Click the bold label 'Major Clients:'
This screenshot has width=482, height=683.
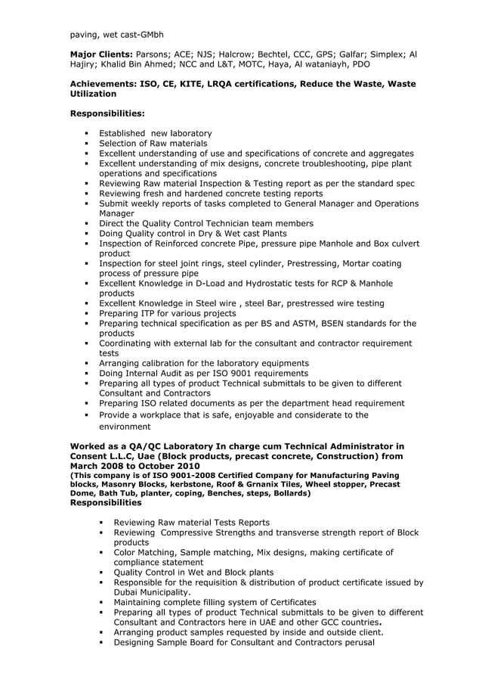click(101, 54)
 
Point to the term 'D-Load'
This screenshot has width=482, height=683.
click(215, 283)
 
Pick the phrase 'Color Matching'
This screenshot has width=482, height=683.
click(151, 552)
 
